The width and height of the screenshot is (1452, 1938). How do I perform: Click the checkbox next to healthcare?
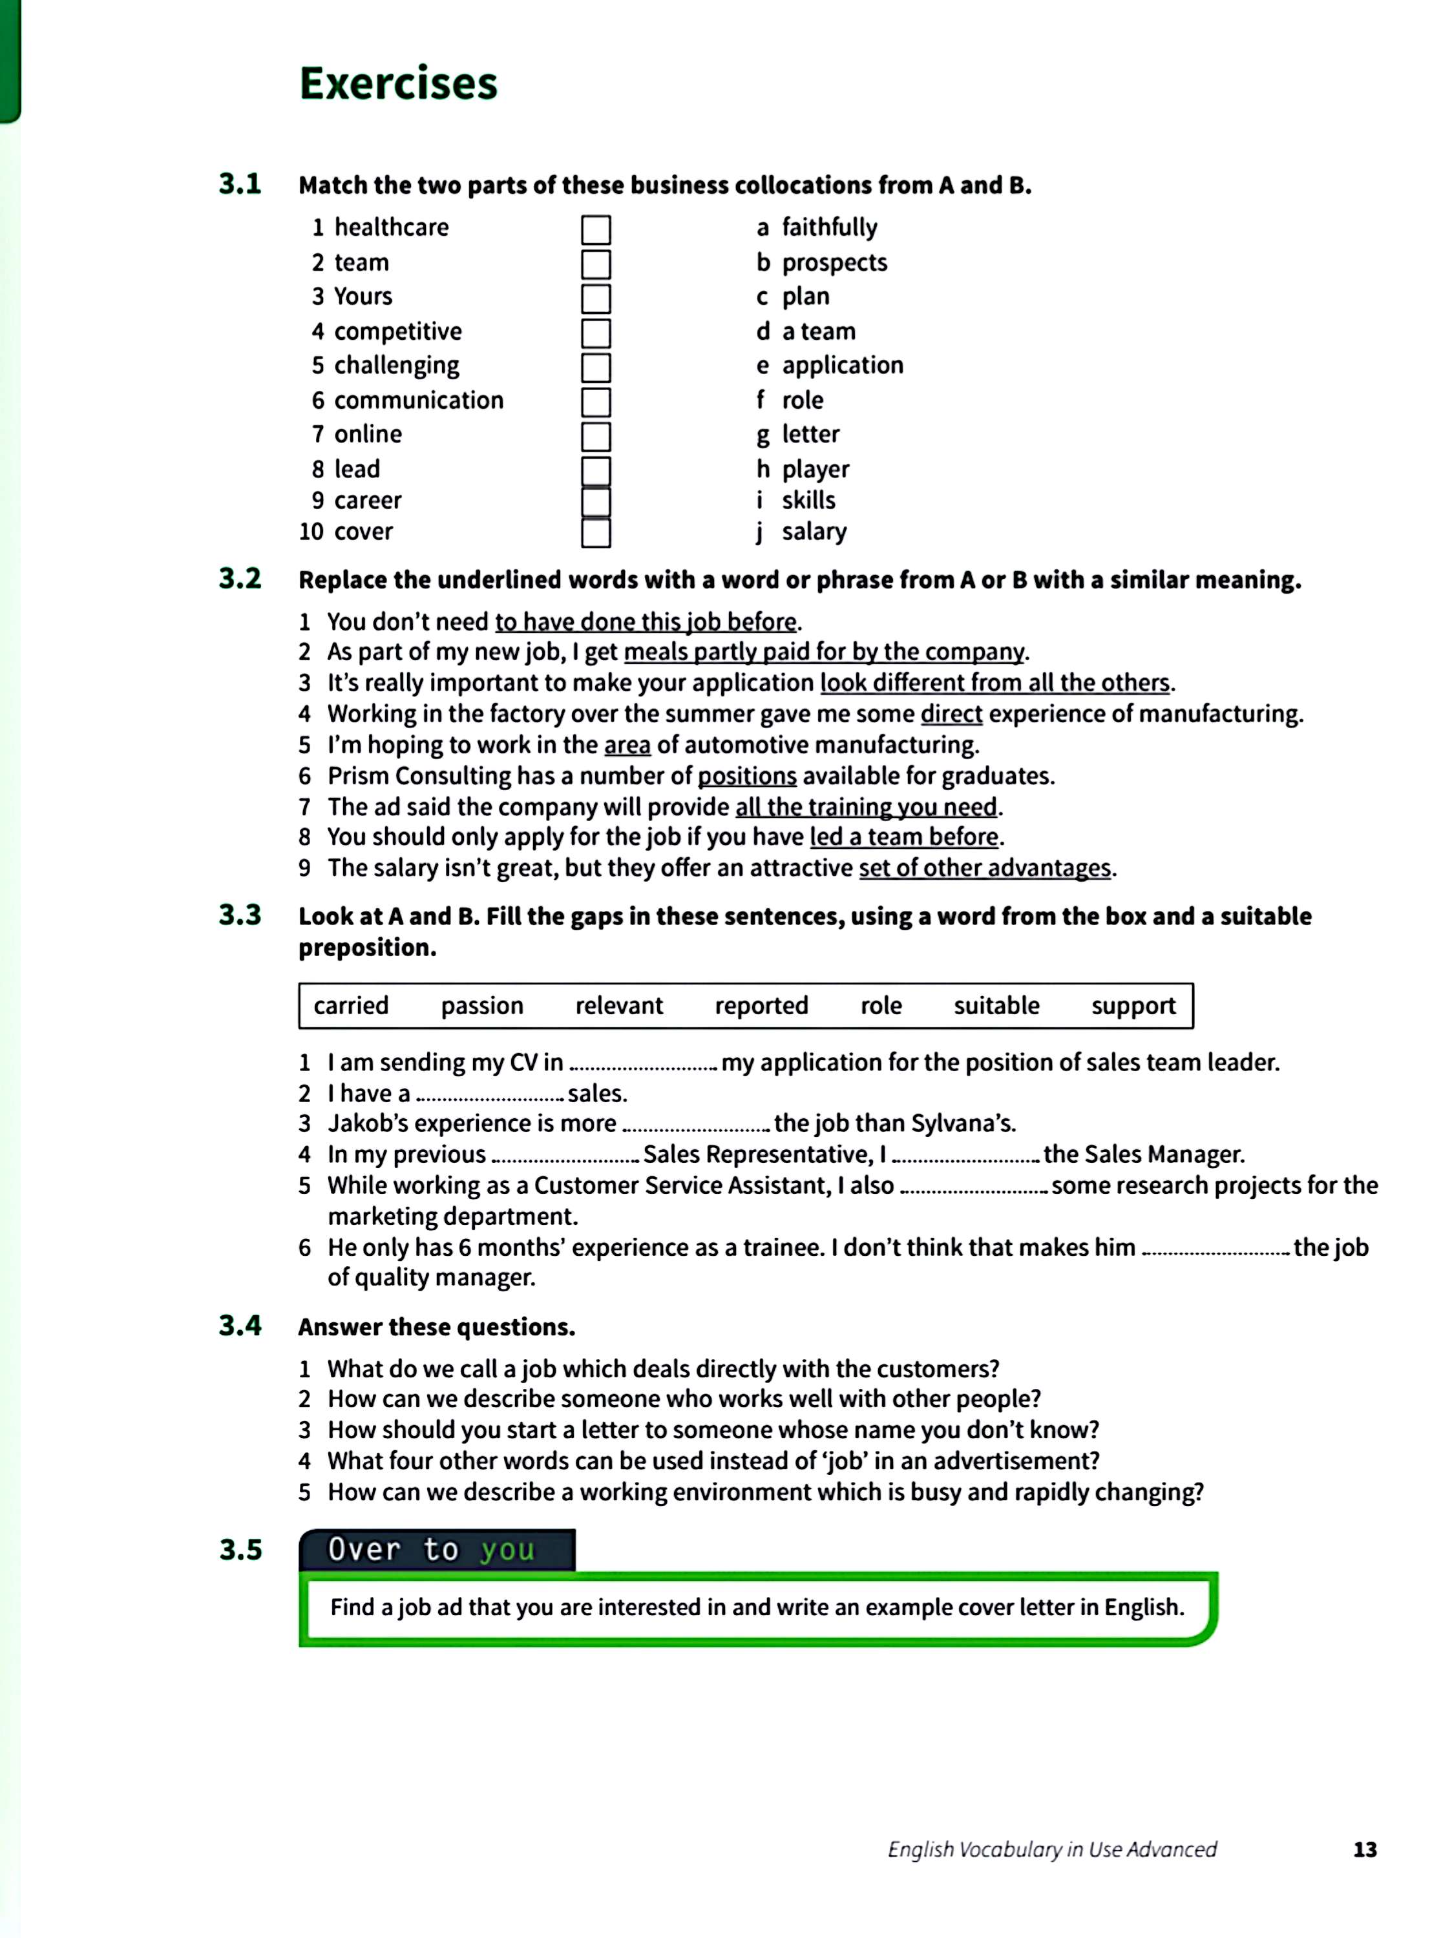595,229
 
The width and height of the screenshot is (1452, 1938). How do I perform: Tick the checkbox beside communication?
595,402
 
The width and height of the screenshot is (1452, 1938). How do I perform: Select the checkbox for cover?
595,533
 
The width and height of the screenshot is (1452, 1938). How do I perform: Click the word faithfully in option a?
829,228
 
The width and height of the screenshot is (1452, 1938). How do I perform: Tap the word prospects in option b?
834,263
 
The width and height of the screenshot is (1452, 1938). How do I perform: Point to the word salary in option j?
814,532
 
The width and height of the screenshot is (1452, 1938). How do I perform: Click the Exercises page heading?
398,84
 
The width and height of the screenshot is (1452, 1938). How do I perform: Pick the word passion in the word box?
482,1006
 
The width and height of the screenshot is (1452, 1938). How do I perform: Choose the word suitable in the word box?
996,1006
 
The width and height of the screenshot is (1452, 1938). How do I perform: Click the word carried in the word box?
350,1006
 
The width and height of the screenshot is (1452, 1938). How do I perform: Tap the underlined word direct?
951,714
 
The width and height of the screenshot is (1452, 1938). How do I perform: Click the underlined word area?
627,745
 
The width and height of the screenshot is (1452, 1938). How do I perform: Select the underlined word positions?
746,776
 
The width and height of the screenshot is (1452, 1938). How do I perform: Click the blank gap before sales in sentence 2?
490,1094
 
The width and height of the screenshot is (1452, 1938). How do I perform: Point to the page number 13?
1364,1849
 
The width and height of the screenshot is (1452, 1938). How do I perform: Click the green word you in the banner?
507,1549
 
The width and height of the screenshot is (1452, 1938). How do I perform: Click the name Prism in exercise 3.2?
359,776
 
